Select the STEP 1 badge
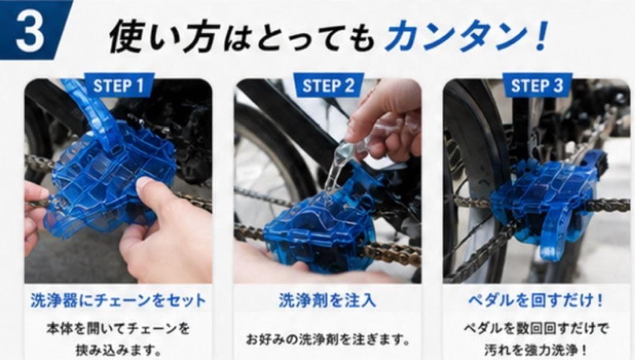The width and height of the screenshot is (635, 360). (119, 86)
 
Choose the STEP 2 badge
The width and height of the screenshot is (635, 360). (328, 86)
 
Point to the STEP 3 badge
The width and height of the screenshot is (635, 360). (537, 86)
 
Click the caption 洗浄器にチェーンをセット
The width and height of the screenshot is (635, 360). (118, 301)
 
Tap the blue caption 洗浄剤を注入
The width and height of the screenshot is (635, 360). (327, 301)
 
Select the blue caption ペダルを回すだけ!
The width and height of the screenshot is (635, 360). (536, 301)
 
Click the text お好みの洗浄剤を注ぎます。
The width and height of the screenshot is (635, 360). (328, 339)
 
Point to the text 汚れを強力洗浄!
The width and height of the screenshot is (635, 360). (536, 349)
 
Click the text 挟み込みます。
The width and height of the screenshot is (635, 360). (119, 349)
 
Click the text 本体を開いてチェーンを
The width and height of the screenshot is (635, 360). (118, 328)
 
